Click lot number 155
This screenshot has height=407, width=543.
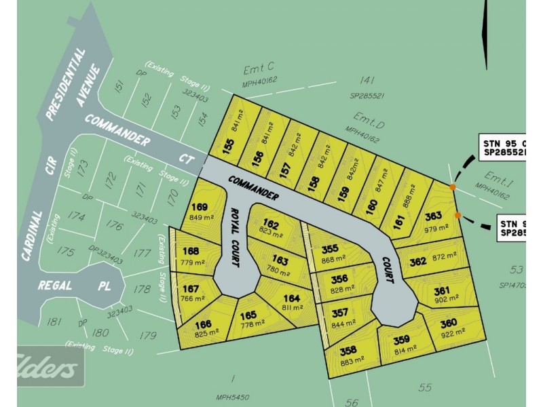pyautogui.click(x=228, y=146)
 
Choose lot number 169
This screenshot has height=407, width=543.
pyautogui.click(x=200, y=208)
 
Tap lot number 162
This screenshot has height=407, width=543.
pyautogui.click(x=271, y=224)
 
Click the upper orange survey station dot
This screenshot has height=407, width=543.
pyautogui.click(x=453, y=186)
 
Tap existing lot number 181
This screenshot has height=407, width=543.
pyautogui.click(x=54, y=322)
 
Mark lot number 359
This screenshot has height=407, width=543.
pyautogui.click(x=402, y=342)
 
